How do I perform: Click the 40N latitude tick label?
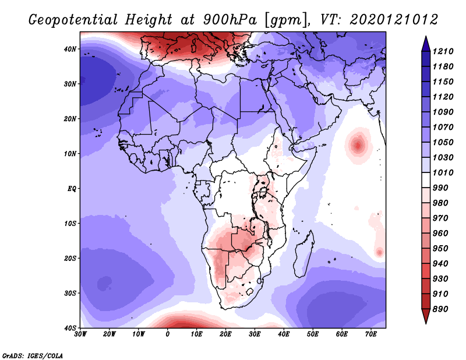70,49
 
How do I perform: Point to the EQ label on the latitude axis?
72,189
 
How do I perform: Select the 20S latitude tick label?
70,258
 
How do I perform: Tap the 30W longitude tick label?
80,334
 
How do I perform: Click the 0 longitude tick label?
168,334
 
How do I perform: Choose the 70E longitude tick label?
371,334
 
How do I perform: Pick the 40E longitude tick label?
284,334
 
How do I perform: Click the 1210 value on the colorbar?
443,51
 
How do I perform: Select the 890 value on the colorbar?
440,309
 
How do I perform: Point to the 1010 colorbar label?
443,172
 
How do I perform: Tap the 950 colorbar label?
440,249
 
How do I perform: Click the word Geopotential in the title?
73,20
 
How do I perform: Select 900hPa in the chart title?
230,20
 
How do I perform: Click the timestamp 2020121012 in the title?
394,20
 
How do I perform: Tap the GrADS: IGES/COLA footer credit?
33,355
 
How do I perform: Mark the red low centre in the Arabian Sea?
358,146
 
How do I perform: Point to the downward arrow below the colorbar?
426,316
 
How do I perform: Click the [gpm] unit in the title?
287,20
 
